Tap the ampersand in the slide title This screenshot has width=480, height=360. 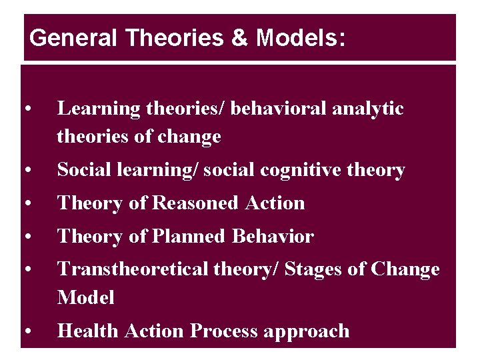click(239, 38)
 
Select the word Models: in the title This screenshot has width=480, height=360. click(301, 38)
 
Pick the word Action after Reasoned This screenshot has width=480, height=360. click(274, 203)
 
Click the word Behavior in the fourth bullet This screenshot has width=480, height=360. click(273, 237)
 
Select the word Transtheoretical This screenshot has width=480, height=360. click(133, 269)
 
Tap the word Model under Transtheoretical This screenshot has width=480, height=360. click(86, 297)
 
